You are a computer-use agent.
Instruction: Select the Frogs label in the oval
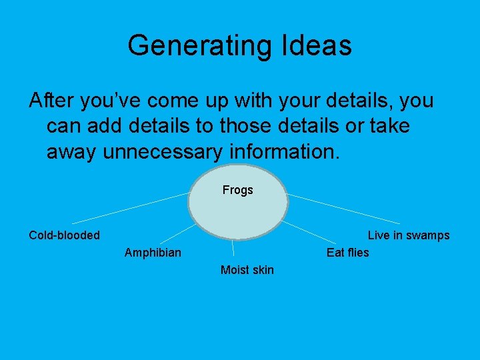tap(238, 191)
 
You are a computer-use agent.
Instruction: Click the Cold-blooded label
tap(64, 235)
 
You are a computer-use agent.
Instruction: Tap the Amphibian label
tap(153, 253)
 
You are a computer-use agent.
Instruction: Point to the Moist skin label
tap(247, 270)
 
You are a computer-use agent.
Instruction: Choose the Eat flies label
tap(347, 253)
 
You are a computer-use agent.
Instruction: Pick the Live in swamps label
tap(409, 235)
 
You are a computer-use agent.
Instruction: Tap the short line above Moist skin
tap(233, 249)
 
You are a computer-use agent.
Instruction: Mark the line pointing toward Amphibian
tap(177, 233)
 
